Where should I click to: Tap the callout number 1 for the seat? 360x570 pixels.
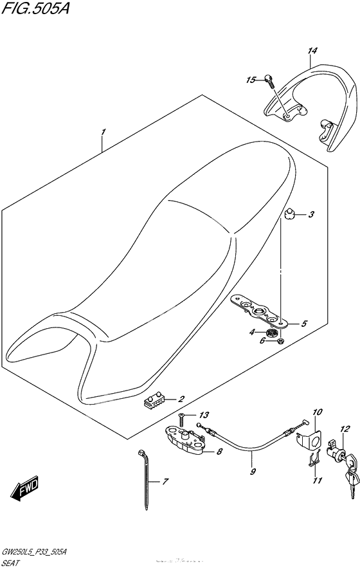tap(102, 132)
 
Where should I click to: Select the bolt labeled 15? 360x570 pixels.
tap(268, 80)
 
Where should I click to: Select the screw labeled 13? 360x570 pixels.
tap(181, 418)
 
